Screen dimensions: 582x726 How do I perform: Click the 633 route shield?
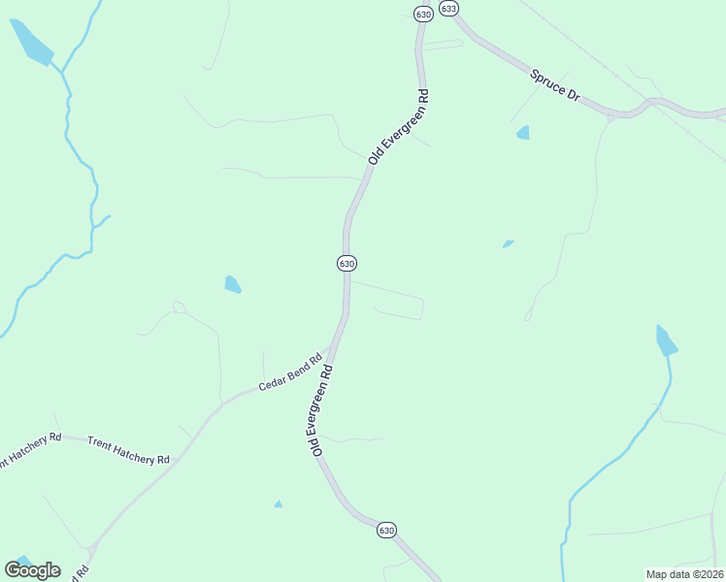447,8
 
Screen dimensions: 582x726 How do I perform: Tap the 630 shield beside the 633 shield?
422,14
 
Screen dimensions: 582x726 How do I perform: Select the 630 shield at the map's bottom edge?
386,530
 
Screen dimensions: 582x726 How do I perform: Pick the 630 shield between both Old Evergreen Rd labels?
346,263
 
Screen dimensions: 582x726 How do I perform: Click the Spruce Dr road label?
554,86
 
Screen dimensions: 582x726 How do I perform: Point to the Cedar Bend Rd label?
289,372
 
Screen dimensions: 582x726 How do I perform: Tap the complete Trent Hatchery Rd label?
128,449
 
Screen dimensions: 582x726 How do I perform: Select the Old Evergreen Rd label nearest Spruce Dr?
399,126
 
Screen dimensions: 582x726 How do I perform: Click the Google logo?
32,570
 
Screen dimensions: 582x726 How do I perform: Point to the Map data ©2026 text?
684,574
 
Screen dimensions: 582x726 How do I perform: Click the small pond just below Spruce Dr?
523,133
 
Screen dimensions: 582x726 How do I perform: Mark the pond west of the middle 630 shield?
232,284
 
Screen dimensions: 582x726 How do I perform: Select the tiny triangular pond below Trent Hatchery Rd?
279,504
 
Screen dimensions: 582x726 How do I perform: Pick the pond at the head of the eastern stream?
665,340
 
